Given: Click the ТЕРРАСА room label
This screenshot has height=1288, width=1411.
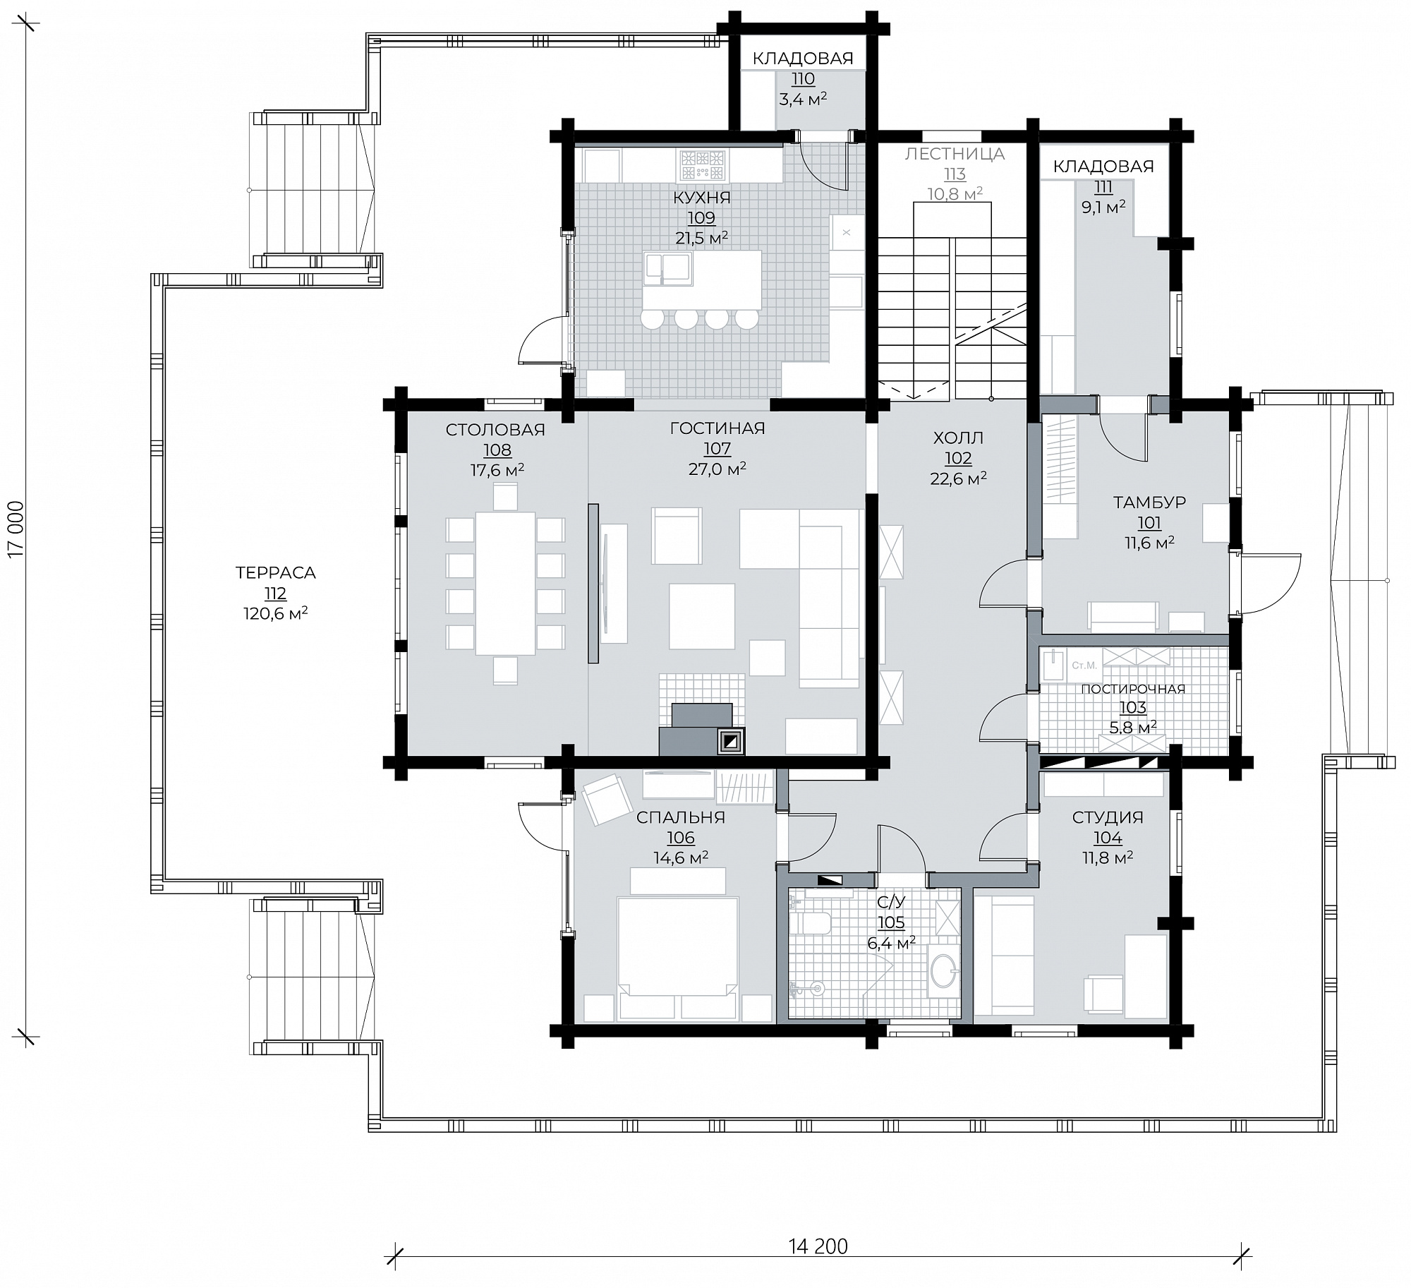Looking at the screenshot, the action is point(275,573).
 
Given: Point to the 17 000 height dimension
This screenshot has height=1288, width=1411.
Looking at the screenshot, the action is point(16,529).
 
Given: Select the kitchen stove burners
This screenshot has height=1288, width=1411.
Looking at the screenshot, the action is point(702,164).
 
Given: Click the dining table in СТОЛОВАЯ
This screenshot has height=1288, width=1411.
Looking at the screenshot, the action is point(505,584).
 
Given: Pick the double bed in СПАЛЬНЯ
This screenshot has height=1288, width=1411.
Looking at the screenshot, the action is point(677,959).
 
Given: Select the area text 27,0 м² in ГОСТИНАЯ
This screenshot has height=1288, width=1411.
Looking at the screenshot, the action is point(717,469).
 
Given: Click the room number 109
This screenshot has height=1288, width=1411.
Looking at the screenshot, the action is point(701,218).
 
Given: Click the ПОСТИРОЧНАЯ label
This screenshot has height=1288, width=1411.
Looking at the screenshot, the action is point(1133,689).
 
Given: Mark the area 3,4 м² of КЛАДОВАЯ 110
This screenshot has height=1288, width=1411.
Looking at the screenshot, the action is point(803,100).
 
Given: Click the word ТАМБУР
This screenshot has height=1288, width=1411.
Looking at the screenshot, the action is point(1149,502).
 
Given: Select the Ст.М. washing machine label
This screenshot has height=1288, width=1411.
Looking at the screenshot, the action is point(1084,665).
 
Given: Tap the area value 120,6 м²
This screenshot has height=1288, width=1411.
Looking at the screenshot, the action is point(275,614).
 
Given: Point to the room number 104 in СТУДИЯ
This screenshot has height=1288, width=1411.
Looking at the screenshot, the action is point(1108,838).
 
